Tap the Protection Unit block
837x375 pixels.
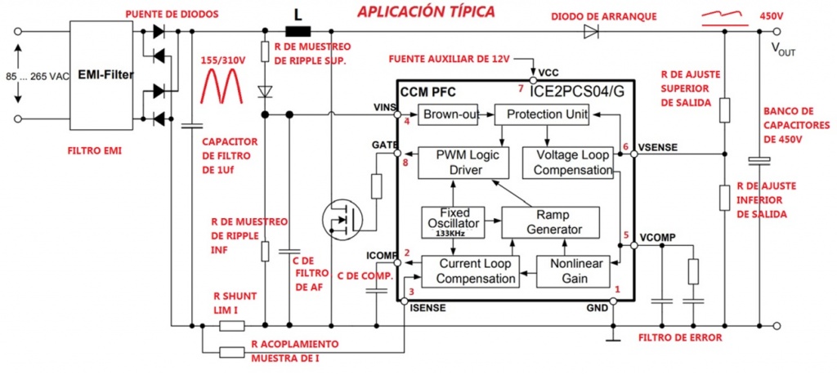pyautogui.click(x=542, y=115)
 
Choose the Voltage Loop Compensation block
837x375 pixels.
pyautogui.click(x=567, y=162)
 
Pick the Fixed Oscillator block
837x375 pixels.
pyautogui.click(x=449, y=218)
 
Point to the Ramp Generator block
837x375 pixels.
pyautogui.click(x=550, y=221)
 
